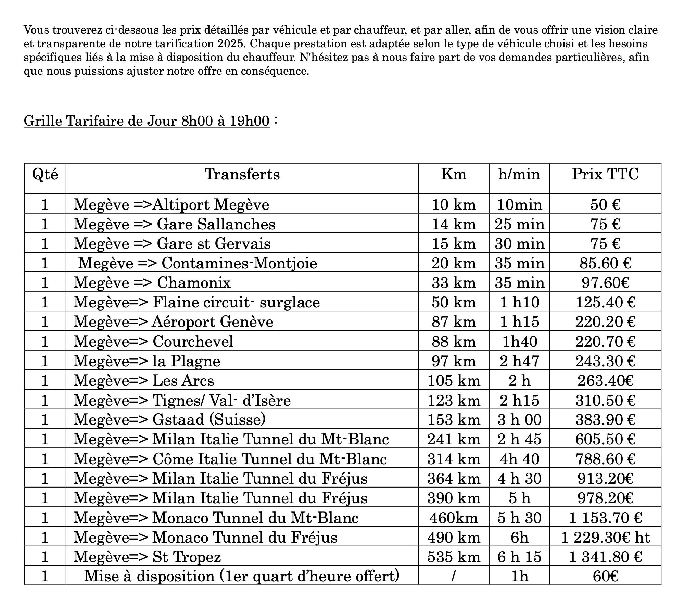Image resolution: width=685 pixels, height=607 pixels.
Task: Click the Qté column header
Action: [x=45, y=174]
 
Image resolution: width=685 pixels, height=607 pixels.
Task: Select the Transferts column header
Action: [x=242, y=174]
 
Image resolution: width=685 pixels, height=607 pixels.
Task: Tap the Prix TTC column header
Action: [x=605, y=174]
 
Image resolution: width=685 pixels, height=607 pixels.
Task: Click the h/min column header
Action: [x=519, y=174]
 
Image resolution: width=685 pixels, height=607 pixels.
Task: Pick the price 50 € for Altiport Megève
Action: [x=605, y=205]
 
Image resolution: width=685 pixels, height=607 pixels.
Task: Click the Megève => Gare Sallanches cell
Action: [x=174, y=224]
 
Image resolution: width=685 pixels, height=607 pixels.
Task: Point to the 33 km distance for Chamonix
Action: [x=454, y=283]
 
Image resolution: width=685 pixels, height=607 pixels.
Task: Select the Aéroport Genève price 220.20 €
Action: [x=605, y=322]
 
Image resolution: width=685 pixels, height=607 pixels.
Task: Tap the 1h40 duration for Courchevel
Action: [x=519, y=341]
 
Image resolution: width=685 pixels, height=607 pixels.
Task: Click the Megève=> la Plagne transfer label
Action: [x=147, y=361]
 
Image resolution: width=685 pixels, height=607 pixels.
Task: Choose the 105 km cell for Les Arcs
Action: [x=454, y=380]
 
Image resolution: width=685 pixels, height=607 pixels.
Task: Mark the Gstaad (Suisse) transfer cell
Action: [x=169, y=419]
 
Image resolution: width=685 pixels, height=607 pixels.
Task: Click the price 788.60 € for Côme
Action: [x=605, y=459]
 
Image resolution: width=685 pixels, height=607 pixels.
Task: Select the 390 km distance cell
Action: [x=454, y=498]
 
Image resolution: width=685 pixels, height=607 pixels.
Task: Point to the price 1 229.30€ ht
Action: [x=605, y=537]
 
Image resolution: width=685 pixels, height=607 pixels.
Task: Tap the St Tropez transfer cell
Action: [x=147, y=557]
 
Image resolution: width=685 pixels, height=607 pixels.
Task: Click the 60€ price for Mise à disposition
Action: [x=605, y=576]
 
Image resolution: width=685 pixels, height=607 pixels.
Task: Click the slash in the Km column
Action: [x=453, y=576]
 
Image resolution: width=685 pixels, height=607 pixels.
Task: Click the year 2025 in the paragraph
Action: [x=235, y=44]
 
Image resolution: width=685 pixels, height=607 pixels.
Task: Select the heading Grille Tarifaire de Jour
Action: [x=147, y=121]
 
